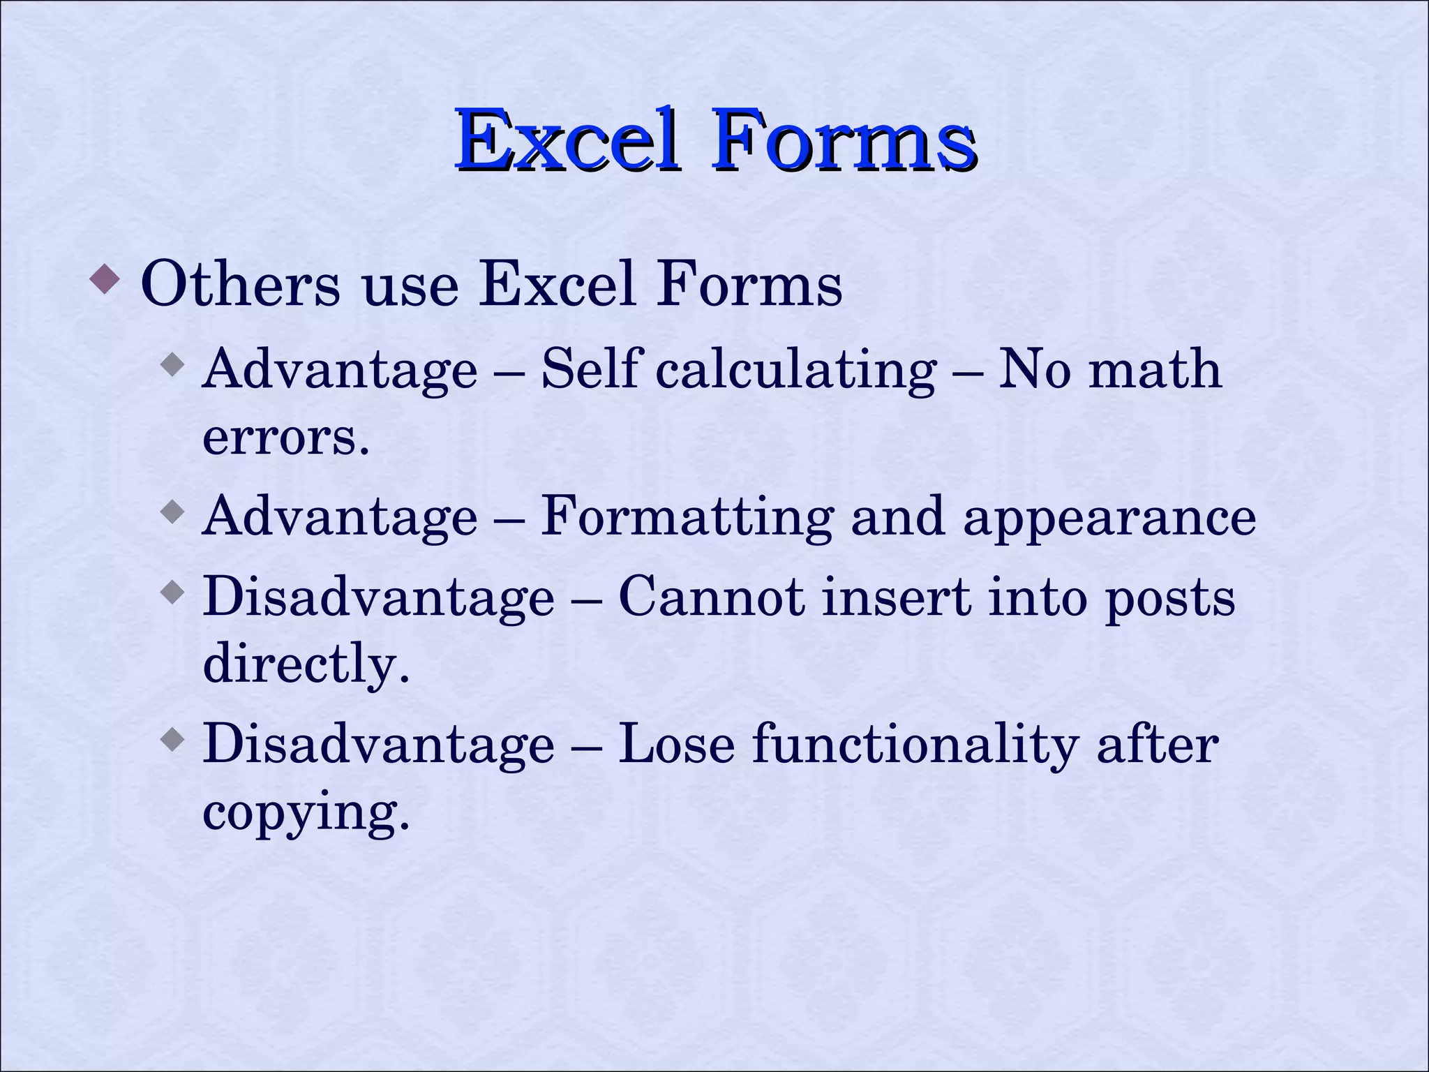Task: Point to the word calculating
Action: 795,370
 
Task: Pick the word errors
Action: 285,437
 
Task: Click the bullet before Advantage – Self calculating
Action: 172,364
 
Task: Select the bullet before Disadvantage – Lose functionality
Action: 172,738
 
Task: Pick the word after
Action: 1158,744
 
